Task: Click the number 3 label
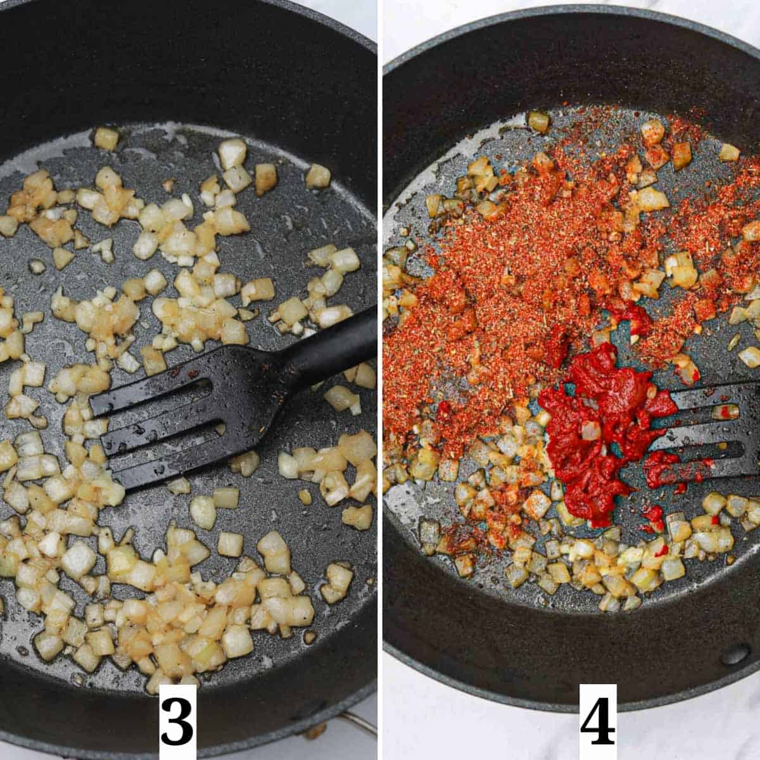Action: (x=177, y=722)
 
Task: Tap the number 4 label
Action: (x=597, y=722)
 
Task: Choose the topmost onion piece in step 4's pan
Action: (x=539, y=121)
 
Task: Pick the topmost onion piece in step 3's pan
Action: (x=106, y=138)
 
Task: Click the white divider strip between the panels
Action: (x=380, y=380)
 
